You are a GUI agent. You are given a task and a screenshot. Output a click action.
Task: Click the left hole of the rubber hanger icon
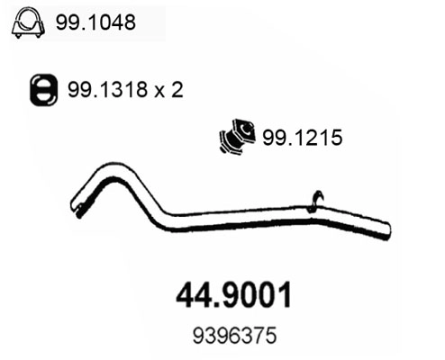point(37,89)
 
